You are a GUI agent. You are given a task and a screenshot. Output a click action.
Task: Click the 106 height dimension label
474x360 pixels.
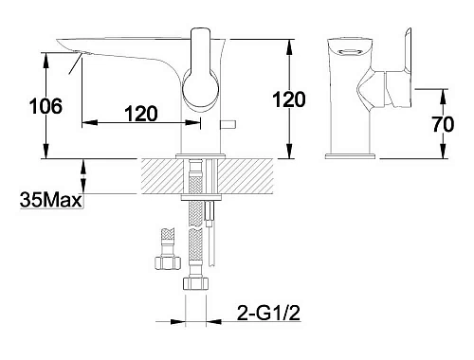[x=46, y=106]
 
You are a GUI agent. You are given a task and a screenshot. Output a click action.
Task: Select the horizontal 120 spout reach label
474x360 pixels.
[x=141, y=114]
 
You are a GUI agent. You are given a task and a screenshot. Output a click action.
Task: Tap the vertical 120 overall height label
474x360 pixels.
[x=289, y=99]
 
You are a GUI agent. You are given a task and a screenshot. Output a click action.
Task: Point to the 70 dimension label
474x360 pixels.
[x=443, y=124]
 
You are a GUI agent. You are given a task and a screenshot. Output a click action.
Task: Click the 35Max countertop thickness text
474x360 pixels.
[x=50, y=200]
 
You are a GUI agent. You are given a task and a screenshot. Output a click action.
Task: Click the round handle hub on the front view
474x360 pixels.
[x=200, y=89]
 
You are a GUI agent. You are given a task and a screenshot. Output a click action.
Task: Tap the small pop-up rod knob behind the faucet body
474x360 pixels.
[x=228, y=125]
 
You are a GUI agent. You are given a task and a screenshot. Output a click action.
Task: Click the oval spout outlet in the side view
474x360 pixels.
[x=350, y=52]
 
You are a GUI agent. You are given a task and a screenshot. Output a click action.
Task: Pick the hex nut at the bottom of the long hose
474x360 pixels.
[x=195, y=283]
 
